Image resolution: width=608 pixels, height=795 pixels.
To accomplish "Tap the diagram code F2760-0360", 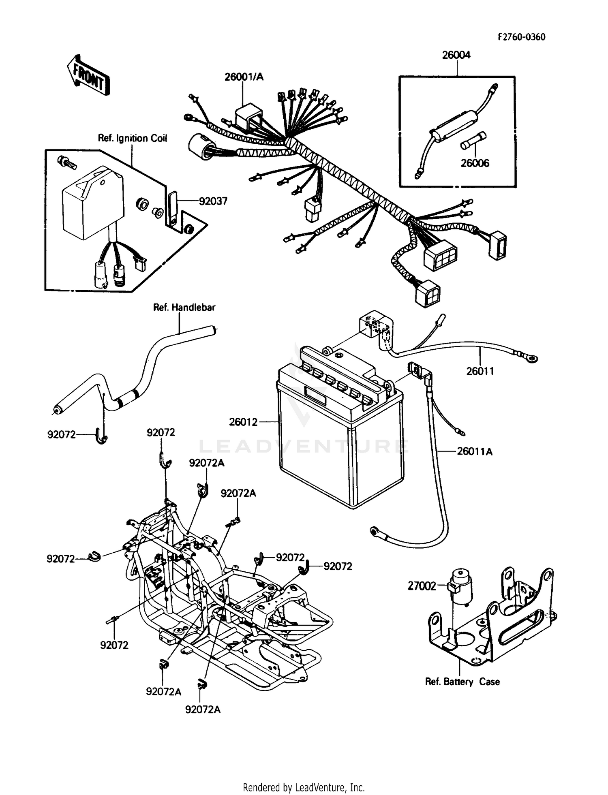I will pyautogui.click(x=522, y=37).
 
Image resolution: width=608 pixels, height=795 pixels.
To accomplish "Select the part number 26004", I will pyautogui.click(x=456, y=55).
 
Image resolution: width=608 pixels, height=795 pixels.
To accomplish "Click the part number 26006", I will pyautogui.click(x=475, y=163).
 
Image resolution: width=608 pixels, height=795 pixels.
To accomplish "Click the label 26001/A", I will pyautogui.click(x=244, y=77).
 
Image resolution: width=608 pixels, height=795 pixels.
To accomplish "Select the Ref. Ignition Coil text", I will pyautogui.click(x=133, y=138).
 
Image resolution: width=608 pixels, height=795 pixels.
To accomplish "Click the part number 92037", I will pyautogui.click(x=213, y=201).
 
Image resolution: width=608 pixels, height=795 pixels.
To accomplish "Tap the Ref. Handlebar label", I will pyautogui.click(x=184, y=307).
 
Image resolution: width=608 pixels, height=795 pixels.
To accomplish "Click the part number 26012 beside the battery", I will pyautogui.click(x=243, y=422).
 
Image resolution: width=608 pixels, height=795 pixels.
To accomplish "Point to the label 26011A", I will pyautogui.click(x=474, y=451).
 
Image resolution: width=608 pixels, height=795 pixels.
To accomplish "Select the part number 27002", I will pyautogui.click(x=422, y=586).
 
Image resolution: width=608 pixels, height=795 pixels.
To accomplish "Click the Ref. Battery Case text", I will pyautogui.click(x=462, y=682).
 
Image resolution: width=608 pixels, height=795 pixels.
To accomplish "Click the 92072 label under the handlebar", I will pyautogui.click(x=61, y=435).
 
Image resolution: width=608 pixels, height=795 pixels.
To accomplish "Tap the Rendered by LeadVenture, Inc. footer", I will pyautogui.click(x=304, y=787).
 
